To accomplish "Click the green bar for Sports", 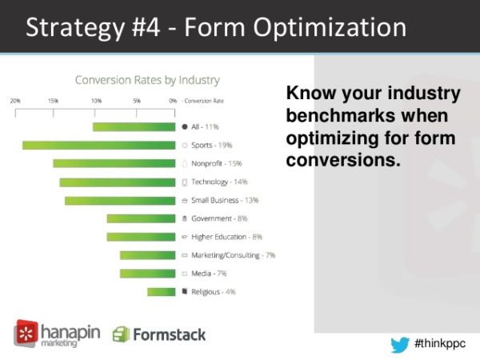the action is click(99, 146).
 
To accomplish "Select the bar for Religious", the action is click(162, 292).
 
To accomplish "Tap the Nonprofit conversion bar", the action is click(114, 163).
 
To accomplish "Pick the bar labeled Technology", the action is click(118, 182).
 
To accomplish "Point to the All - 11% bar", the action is click(134, 126).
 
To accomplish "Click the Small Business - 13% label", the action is click(225, 200).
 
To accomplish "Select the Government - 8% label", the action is click(219, 218).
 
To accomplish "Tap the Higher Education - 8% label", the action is click(227, 237).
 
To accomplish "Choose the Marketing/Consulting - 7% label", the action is click(234, 255).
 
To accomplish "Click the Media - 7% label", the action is click(209, 274).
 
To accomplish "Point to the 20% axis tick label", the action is click(15, 101).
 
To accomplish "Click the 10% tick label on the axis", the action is click(97, 101).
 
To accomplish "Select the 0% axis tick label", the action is click(173, 101).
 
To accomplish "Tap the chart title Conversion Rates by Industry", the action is click(147, 80).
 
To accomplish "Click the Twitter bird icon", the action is click(400, 345).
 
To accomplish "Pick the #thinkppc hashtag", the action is click(440, 343).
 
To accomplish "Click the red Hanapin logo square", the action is click(26, 333).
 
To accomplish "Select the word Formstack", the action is click(170, 334).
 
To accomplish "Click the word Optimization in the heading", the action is click(330, 28).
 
